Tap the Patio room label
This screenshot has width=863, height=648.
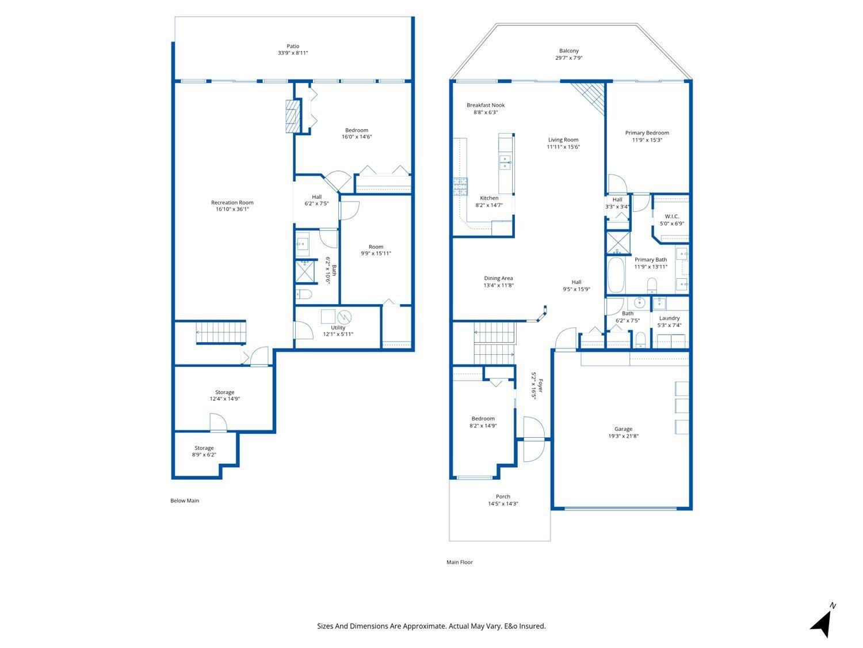293,47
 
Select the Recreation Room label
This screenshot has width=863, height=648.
232,203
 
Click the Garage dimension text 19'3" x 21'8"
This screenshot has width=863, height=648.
623,436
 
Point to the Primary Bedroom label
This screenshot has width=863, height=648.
647,133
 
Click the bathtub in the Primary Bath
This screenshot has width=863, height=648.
616,275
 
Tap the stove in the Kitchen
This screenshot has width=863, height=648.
460,187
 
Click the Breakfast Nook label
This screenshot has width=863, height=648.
485,105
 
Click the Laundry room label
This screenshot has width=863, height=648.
669,318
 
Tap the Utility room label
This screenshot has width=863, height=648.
338,328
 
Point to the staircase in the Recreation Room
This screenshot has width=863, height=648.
221,332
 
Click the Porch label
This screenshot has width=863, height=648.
503,497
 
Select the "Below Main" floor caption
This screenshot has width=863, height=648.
185,501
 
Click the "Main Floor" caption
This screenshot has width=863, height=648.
459,562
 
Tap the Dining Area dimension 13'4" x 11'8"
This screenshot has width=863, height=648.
498,285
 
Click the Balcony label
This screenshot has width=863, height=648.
568,51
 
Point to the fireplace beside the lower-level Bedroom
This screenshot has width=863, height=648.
293,117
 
